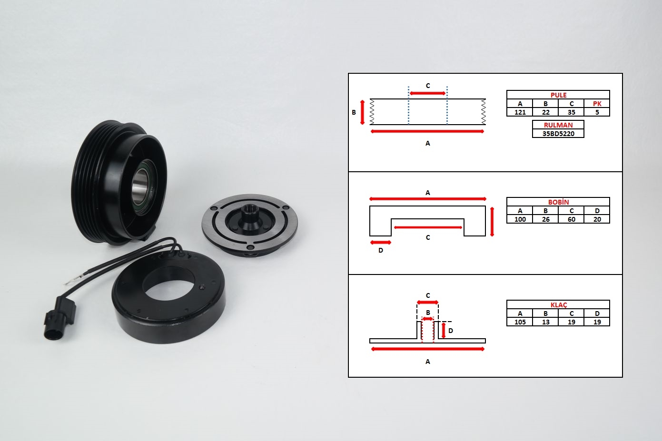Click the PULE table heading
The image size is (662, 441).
558,95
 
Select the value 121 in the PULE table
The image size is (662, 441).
520,112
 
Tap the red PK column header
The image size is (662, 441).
597,104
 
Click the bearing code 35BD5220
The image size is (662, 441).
558,134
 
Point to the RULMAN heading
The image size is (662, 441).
558,125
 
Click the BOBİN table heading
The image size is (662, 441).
558,202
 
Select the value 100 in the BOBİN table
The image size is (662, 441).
520,219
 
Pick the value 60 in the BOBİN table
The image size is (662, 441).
571,219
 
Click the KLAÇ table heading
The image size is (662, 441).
559,305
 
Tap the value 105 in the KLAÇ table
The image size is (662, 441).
520,322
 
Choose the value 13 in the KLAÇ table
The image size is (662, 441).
545,322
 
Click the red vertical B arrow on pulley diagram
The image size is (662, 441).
363,112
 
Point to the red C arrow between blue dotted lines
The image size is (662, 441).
428,93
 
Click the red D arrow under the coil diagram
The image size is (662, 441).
381,243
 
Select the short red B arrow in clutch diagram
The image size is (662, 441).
428,319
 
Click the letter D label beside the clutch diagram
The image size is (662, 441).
451,331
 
